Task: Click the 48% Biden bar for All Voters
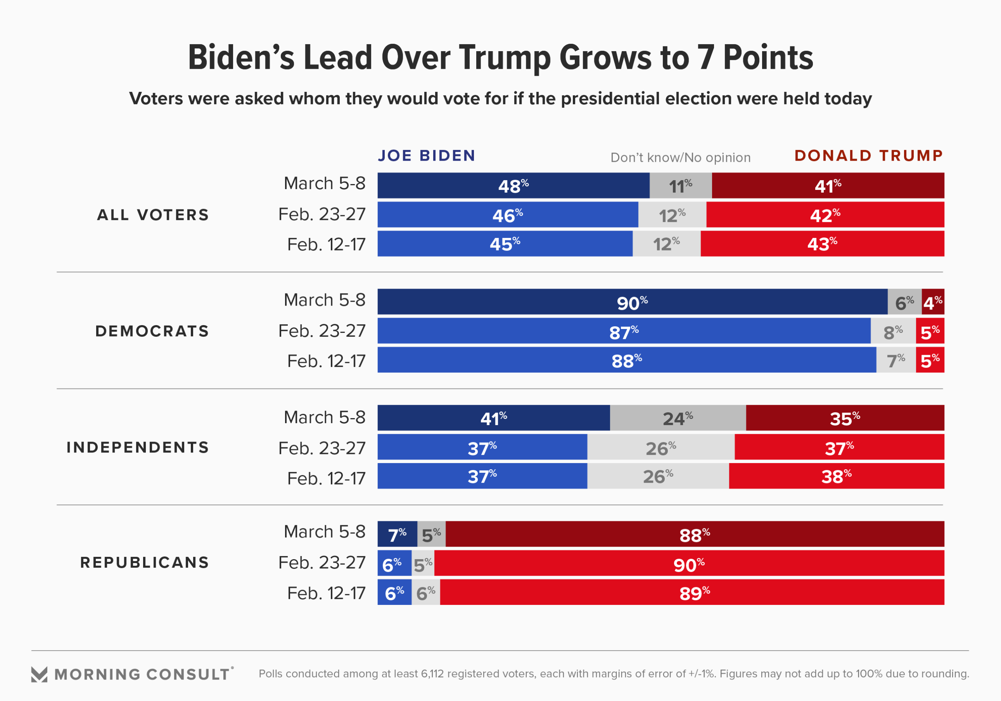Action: coord(513,186)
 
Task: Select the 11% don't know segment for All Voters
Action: coord(680,186)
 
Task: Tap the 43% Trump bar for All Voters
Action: coord(822,243)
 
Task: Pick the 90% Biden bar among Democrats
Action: coord(632,302)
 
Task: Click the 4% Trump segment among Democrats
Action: coord(933,302)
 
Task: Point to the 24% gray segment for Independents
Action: coord(678,418)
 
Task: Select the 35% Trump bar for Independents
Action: coord(845,418)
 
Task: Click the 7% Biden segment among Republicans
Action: coord(397,534)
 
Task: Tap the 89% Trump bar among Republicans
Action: coord(694,592)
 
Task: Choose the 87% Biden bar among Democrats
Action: coord(623,331)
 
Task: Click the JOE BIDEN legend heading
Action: coord(426,156)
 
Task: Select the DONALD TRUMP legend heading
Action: coord(868,156)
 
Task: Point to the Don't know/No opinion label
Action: coord(680,157)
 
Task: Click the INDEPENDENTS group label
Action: coord(138,447)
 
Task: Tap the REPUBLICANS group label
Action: coord(145,562)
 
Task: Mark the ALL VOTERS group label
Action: coord(153,215)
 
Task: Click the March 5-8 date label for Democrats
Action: coord(325,300)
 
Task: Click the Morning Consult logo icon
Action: coord(39,674)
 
